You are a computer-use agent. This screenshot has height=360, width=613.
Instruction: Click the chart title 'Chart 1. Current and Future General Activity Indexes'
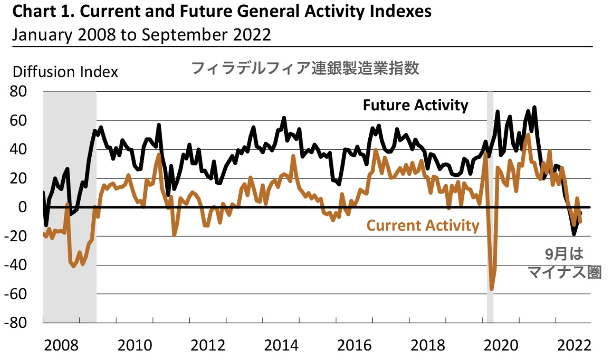click(221, 12)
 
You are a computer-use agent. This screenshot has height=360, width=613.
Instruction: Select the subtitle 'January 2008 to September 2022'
click(141, 34)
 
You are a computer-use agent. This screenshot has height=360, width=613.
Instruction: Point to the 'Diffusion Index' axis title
click(65, 71)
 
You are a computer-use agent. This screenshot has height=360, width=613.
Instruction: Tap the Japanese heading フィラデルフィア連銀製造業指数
click(305, 69)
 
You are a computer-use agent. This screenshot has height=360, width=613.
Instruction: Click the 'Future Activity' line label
click(415, 105)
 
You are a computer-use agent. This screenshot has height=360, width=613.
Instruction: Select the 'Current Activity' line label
click(422, 225)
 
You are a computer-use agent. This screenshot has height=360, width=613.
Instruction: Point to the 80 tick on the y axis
click(19, 92)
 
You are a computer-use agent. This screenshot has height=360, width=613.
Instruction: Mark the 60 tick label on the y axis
click(19, 120)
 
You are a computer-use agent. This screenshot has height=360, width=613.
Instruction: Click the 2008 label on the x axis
click(61, 345)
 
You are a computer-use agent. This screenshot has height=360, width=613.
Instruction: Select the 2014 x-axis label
click(281, 345)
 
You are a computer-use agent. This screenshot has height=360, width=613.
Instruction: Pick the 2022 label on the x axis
click(573, 345)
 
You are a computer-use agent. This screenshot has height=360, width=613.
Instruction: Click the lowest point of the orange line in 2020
click(492, 289)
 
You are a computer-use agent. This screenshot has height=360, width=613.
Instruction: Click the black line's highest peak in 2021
click(535, 107)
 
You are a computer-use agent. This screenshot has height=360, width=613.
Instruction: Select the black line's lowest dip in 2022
click(574, 234)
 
